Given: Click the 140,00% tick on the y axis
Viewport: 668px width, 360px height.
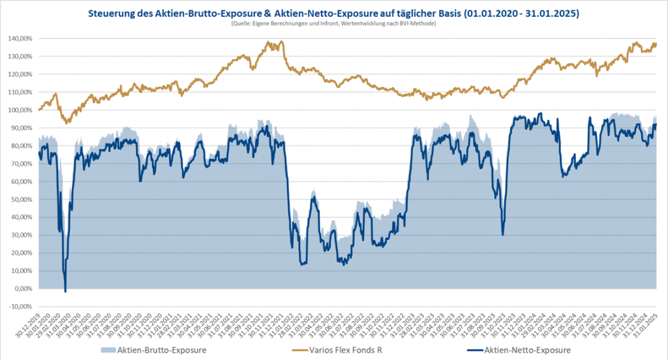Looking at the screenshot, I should [22, 38].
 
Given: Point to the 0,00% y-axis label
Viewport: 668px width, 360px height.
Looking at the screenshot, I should [24, 289].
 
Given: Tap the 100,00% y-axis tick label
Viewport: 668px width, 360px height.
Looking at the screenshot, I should [22, 110].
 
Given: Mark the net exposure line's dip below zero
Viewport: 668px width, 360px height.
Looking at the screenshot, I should [65, 291].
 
